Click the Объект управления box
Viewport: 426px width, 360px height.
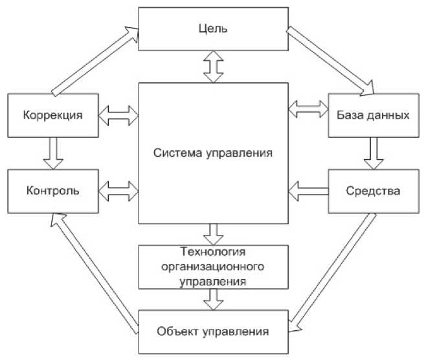(x=212, y=332)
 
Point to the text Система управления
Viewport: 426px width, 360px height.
(x=212, y=153)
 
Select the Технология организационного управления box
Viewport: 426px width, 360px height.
(x=212, y=266)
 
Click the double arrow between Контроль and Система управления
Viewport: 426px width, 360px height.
(x=119, y=190)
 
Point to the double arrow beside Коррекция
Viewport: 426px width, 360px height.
(x=119, y=115)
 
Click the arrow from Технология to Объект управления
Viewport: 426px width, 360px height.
(x=212, y=298)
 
